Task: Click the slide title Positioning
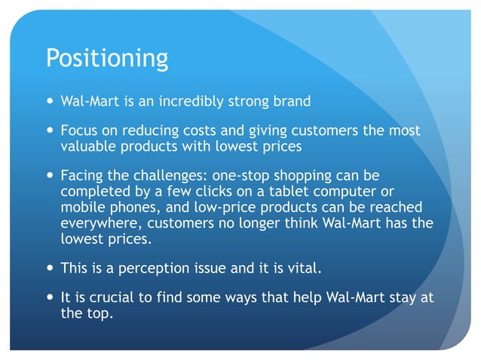point(107,59)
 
